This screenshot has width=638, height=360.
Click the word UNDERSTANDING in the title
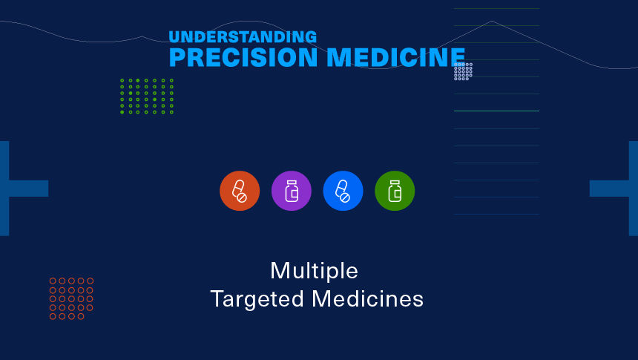pos(243,36)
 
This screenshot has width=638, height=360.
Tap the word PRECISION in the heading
pos(243,57)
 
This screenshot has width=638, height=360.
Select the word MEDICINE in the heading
pos(396,57)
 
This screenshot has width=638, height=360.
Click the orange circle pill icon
pos(240,191)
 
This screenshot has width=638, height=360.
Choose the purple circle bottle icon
pos(292,191)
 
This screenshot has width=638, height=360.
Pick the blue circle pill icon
pos(343,191)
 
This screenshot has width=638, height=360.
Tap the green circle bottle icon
pos(395,191)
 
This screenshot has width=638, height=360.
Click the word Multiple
pos(314,271)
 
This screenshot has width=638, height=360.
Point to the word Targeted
pos(257,299)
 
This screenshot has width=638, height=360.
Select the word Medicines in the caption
pos(367,299)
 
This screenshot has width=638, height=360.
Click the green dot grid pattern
pos(147,96)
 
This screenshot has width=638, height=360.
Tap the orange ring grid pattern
pos(72,298)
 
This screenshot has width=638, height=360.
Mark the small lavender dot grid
pos(464,71)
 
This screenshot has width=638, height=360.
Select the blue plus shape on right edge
pos(614,188)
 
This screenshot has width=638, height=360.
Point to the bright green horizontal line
pos(496,111)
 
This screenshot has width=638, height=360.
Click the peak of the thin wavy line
pos(492,21)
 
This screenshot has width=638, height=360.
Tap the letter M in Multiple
pos(280,271)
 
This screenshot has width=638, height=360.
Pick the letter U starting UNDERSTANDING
pos(174,36)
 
